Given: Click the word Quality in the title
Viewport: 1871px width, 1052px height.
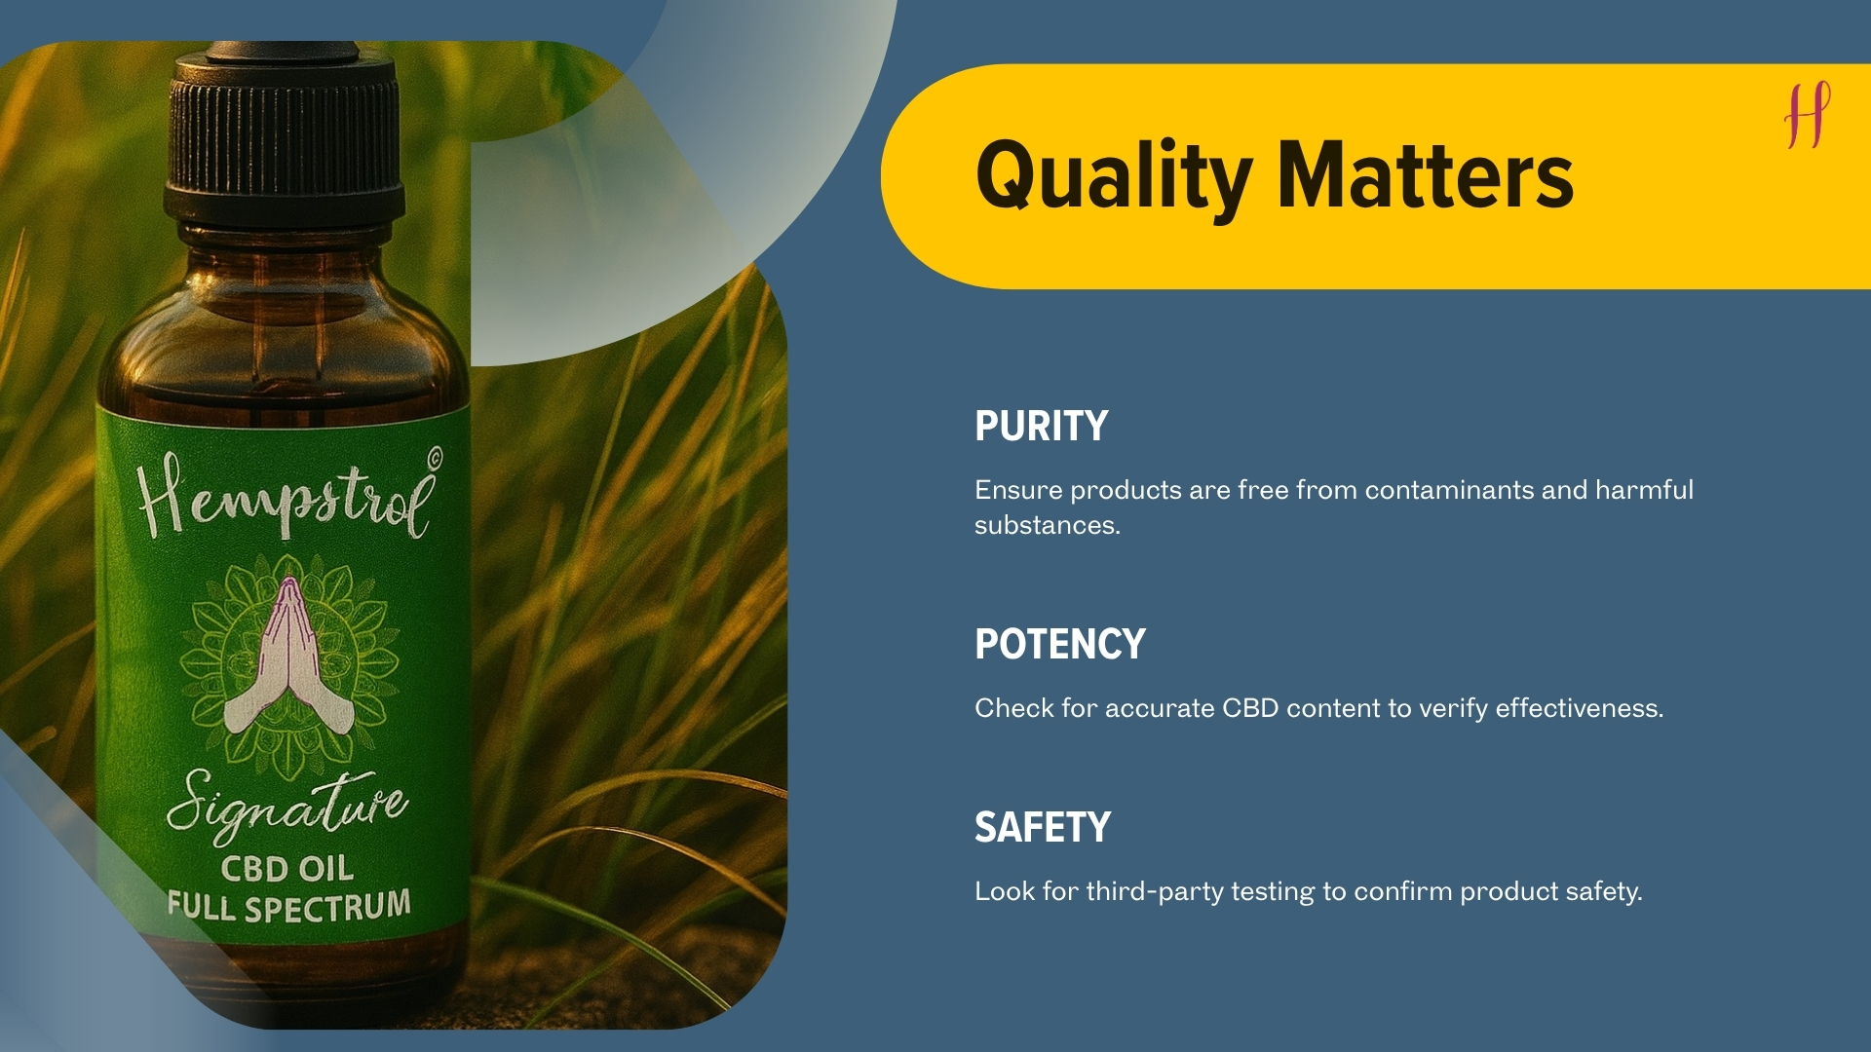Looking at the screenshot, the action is click(1113, 176).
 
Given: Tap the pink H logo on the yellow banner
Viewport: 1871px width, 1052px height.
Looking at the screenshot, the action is click(1808, 115).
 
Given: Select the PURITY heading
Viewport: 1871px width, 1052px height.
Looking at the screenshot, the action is click(1041, 426).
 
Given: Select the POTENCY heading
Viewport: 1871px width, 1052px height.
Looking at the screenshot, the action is click(1060, 644).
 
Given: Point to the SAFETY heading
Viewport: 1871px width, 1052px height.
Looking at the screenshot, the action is click(1043, 827).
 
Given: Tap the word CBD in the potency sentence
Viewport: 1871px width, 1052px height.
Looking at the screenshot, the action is click(1250, 708).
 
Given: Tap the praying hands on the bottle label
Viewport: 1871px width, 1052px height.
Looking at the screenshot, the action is click(288, 657).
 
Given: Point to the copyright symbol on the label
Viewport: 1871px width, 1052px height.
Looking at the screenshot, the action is click(435, 455).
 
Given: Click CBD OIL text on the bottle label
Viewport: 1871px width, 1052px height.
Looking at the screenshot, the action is click(286, 867).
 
